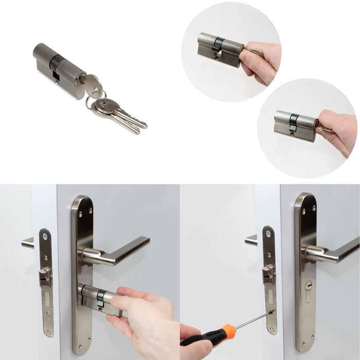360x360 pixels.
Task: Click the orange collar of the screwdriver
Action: pyautogui.click(x=229, y=329)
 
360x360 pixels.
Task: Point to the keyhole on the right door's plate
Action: pyautogui.click(x=309, y=284)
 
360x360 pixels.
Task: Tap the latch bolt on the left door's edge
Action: pyautogui.click(x=45, y=276)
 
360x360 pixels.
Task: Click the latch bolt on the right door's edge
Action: pyautogui.click(x=268, y=273)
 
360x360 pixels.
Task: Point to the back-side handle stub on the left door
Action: pyautogui.click(x=28, y=242)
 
